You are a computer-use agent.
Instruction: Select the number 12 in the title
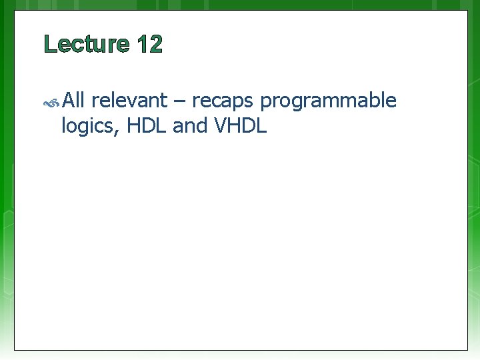(x=150, y=45)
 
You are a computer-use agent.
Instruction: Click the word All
(x=75, y=101)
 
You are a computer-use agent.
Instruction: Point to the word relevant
(x=129, y=101)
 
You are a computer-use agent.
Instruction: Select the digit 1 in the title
(x=142, y=45)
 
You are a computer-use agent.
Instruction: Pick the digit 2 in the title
(x=155, y=45)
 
